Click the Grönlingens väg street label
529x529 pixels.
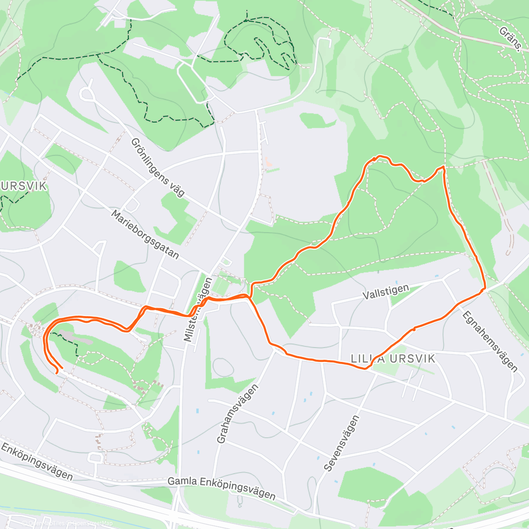coord(157,167)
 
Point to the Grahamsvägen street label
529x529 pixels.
coord(237,414)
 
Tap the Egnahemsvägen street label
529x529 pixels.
coord(489,340)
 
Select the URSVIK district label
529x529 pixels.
coord(24,186)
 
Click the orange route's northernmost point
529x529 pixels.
coord(380,156)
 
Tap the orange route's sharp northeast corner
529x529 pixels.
coord(443,168)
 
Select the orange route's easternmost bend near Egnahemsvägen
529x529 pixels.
coord(484,289)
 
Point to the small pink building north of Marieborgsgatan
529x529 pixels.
coord(268,165)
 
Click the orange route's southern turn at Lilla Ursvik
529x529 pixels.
coord(366,368)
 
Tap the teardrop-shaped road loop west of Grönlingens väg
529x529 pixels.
coord(87,94)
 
